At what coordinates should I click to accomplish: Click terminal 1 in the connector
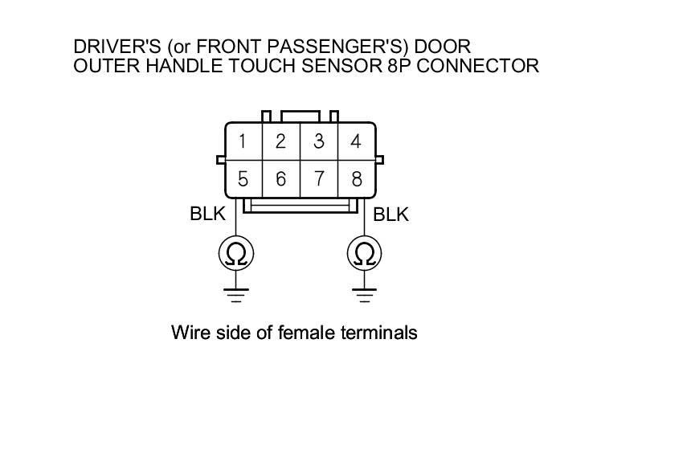point(243,142)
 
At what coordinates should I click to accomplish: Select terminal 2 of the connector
point(280,142)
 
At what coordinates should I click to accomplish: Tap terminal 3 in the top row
point(319,142)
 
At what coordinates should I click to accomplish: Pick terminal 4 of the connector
point(356,142)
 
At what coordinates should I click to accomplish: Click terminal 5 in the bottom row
point(243,178)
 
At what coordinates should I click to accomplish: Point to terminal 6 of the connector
point(280,178)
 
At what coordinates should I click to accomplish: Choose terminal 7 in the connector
point(319,178)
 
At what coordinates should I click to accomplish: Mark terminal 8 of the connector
point(356,178)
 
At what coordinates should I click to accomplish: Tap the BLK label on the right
point(391,215)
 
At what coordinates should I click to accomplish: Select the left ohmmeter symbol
point(236,254)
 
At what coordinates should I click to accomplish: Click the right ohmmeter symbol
point(365,254)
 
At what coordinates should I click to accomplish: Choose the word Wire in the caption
point(189,332)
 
